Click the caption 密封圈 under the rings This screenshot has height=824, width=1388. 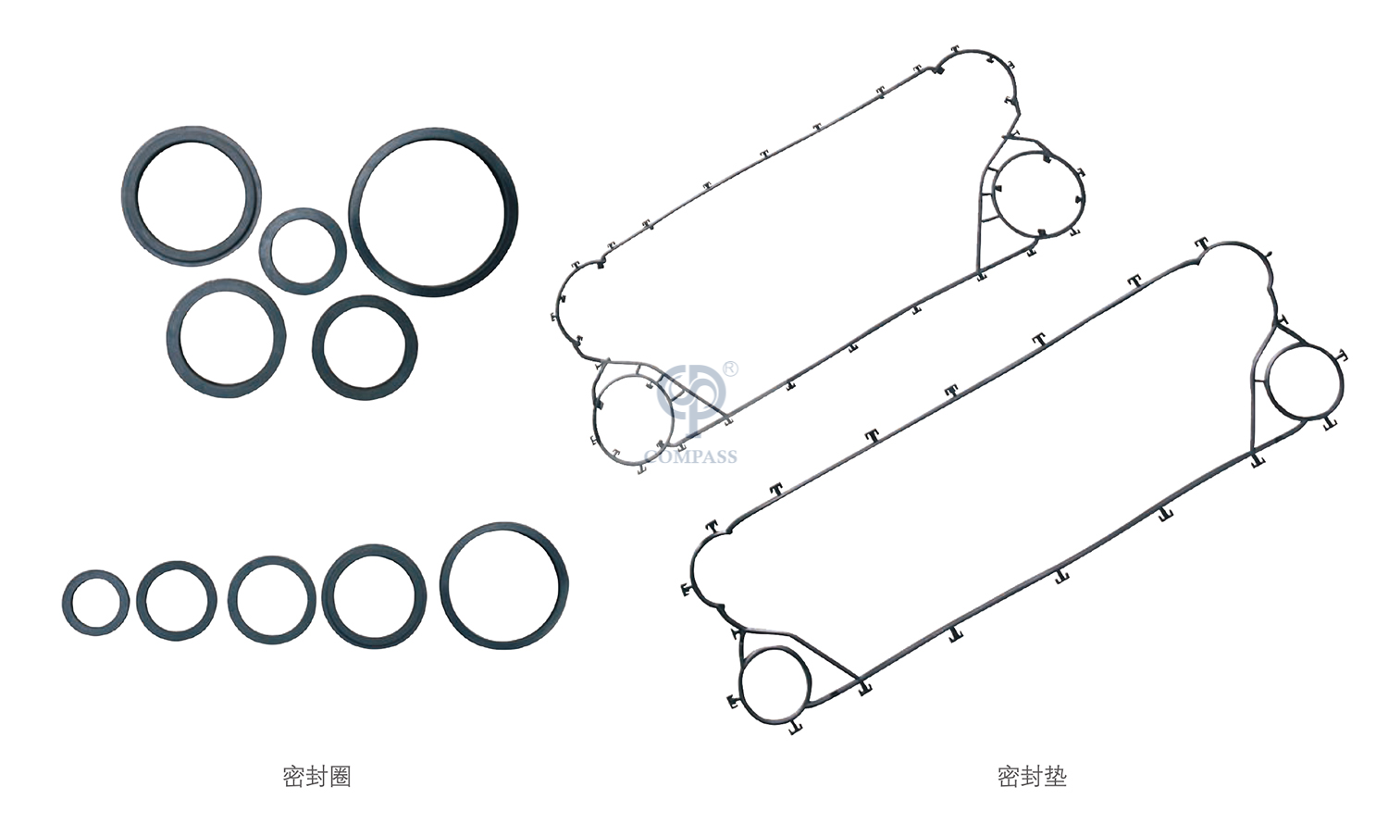[316, 776]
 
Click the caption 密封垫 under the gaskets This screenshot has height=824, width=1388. [1032, 776]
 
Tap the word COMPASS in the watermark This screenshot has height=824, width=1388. [691, 457]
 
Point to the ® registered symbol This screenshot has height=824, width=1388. [731, 368]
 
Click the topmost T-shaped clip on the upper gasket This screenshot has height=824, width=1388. [955, 50]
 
